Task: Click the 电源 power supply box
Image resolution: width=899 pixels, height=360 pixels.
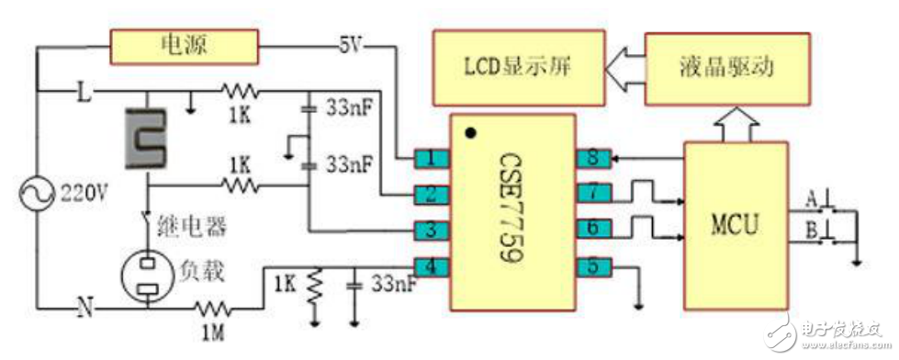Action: (x=185, y=43)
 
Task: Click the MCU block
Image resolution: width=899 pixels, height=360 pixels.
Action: (x=735, y=225)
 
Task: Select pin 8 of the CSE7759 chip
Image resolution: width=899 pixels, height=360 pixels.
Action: (x=590, y=158)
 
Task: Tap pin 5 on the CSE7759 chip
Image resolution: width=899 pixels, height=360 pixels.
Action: (x=590, y=267)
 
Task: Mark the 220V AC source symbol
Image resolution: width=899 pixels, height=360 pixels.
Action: (x=35, y=194)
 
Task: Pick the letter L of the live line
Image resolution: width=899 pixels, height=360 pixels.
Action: (x=82, y=92)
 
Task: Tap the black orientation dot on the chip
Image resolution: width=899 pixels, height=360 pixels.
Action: (x=471, y=134)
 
